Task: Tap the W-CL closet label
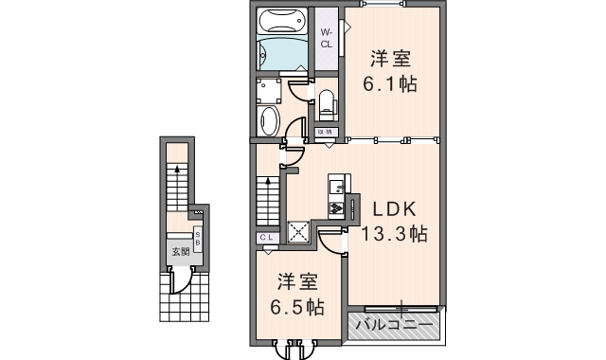coord(326,39)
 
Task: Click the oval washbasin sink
coord(270,120)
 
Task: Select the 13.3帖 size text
coord(391,234)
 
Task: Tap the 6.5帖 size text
coord(296,307)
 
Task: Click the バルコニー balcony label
coord(395,325)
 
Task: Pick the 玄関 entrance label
coord(179,252)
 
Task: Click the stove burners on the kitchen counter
coord(335,207)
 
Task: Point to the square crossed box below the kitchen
coord(299,231)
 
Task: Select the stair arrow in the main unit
coord(268,194)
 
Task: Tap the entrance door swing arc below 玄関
coord(180,281)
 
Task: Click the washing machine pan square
coord(270,90)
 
